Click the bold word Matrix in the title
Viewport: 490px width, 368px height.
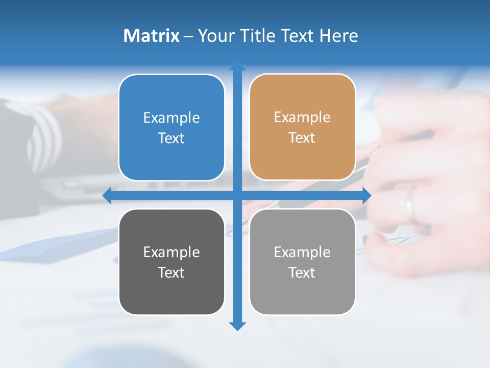(x=151, y=36)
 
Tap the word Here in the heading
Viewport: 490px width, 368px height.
(x=338, y=36)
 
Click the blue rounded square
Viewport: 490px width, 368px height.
(x=171, y=127)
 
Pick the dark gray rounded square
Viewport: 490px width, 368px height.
(x=171, y=262)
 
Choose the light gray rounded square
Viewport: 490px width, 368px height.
(x=302, y=262)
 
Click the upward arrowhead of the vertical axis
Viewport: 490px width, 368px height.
(x=237, y=66)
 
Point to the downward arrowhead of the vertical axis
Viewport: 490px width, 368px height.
(x=237, y=326)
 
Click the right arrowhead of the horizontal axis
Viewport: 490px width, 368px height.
(x=366, y=195)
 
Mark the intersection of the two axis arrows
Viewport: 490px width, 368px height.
(x=237, y=195)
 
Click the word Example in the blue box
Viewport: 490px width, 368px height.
(x=171, y=118)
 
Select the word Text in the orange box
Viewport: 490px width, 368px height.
(x=302, y=138)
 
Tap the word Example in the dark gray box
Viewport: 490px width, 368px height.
(x=171, y=252)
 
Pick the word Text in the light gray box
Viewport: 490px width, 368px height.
(x=302, y=273)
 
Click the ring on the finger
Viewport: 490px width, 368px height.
(x=409, y=207)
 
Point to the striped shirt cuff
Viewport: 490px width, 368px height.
(x=43, y=135)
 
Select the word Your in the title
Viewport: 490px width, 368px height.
(x=214, y=36)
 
